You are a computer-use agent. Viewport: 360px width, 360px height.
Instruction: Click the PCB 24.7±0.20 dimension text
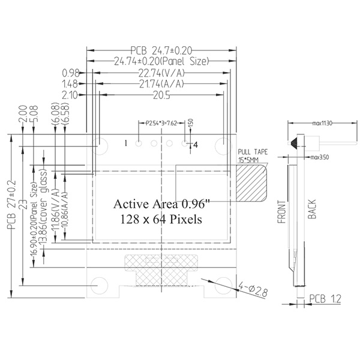click(x=160, y=49)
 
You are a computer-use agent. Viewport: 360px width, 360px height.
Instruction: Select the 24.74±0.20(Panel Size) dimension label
click(x=160, y=61)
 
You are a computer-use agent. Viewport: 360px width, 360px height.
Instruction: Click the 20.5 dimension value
click(x=160, y=95)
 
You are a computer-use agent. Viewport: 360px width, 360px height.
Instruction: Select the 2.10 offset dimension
click(x=71, y=95)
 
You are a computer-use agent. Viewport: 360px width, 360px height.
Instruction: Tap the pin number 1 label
click(x=127, y=143)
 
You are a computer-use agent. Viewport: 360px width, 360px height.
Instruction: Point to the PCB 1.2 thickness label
click(x=325, y=298)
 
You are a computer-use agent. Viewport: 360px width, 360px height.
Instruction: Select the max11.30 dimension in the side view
click(x=323, y=124)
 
